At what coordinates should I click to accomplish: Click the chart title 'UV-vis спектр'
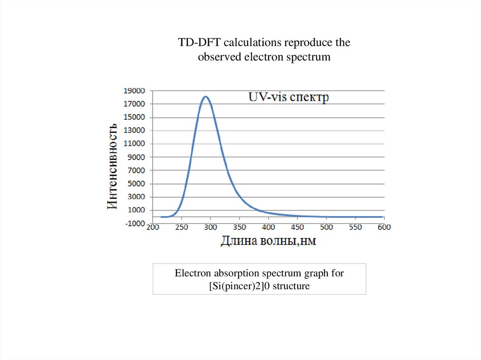pos(288,98)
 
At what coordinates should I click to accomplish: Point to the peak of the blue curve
pos(205,97)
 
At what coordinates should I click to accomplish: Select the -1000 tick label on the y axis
pos(135,223)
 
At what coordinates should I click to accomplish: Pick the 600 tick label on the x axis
pos(384,227)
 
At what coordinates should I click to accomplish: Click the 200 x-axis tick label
pos(153,227)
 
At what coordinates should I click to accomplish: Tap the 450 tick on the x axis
pos(297,227)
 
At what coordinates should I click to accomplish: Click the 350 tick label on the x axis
pos(240,227)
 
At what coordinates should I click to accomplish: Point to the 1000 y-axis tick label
pos(137,210)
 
